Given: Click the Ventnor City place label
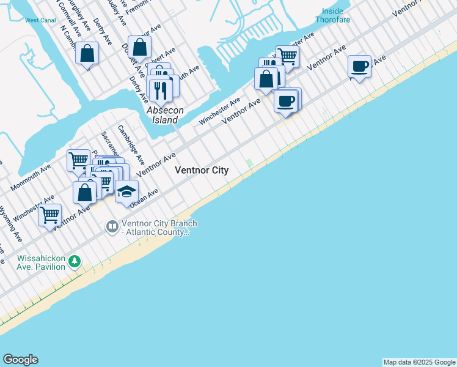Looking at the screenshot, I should [x=202, y=171].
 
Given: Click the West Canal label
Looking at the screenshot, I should [x=40, y=20].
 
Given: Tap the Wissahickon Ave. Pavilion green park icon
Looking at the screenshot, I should [x=75, y=261].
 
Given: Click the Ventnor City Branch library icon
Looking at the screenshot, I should [x=112, y=228].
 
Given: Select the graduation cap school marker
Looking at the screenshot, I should [x=126, y=192].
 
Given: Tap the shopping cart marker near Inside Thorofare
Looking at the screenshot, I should [x=287, y=56].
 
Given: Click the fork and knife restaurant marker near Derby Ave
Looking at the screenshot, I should [x=161, y=90].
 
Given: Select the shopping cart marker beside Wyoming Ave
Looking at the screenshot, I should [x=50, y=215].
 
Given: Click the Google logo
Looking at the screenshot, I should [x=20, y=360].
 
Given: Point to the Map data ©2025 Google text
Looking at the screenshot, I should [x=419, y=362].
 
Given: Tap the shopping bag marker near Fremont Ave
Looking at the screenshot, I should [x=140, y=46].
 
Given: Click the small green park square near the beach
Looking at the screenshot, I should [x=249, y=162].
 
